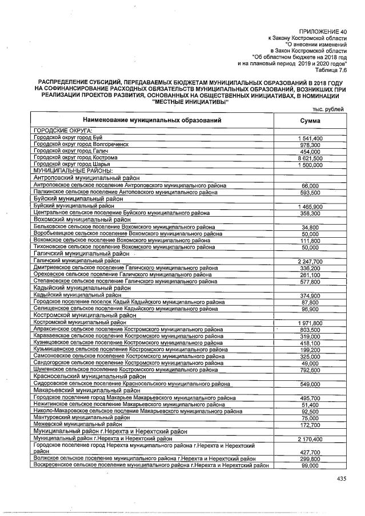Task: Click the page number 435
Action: tap(341, 479)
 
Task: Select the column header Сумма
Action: tap(310, 121)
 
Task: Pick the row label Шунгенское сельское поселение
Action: tap(126, 369)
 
